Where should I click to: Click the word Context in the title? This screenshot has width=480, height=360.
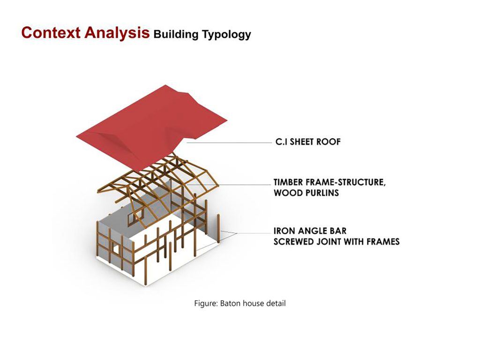[x=51, y=32]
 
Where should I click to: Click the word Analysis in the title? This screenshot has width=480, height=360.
[x=117, y=32]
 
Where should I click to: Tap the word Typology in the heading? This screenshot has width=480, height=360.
[x=226, y=34]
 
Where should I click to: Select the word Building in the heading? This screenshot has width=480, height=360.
[x=176, y=34]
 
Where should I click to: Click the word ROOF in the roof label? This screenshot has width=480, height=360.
[x=328, y=142]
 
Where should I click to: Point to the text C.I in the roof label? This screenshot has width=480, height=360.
[x=281, y=142]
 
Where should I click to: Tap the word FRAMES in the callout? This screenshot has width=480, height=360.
[x=383, y=241]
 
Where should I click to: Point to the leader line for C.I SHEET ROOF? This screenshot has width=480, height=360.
[x=229, y=142]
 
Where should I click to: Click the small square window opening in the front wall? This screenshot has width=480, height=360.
[x=115, y=248]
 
